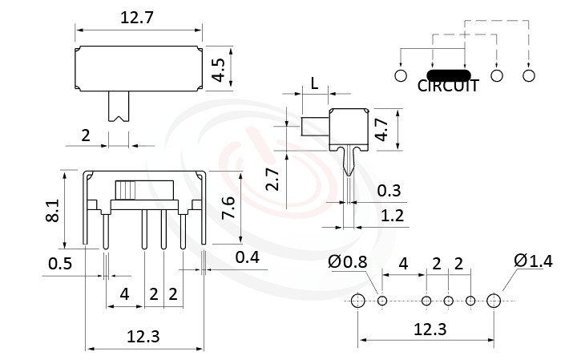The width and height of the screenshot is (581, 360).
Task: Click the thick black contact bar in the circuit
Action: pyautogui.click(x=447, y=75)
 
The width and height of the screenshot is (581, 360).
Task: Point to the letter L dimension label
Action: pyautogui.click(x=314, y=83)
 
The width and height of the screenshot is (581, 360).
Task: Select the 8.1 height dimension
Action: pyautogui.click(x=52, y=211)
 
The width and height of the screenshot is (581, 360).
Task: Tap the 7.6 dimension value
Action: pyautogui.click(x=228, y=210)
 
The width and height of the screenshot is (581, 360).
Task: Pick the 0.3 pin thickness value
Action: pyautogui.click(x=389, y=190)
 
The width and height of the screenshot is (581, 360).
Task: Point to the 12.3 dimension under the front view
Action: pyautogui.click(x=143, y=337)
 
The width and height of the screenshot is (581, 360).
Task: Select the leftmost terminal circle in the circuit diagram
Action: pyautogui.click(x=401, y=75)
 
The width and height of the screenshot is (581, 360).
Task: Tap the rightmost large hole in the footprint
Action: pyautogui.click(x=494, y=301)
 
